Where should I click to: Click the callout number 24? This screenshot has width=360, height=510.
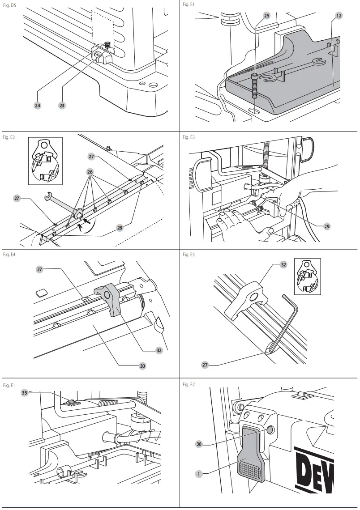click(38, 106)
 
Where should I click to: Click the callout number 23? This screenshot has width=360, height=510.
click(62, 106)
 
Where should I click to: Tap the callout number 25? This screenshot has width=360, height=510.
click(266, 15)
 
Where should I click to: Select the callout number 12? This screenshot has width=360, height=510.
click(339, 15)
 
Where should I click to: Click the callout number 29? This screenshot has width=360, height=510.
click(326, 227)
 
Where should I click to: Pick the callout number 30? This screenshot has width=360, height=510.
click(142, 365)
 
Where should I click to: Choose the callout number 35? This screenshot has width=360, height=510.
click(25, 393)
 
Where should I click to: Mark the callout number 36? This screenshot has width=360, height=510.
click(199, 444)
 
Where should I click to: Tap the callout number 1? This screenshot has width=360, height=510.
click(199, 472)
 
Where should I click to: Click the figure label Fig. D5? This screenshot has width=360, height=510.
click(9, 4)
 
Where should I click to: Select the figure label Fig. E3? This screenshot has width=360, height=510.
click(189, 137)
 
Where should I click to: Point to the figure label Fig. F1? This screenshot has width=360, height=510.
click(9, 385)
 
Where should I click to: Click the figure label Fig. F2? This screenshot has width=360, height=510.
click(189, 385)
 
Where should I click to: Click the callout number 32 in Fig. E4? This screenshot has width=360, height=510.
click(159, 350)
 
